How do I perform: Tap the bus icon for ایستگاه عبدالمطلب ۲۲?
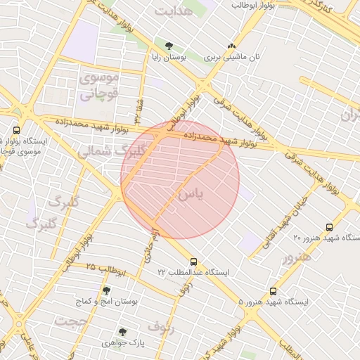pos(193,262)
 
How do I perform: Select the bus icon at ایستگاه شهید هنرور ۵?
pos(273,291)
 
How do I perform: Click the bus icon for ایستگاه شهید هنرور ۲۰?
pos(329,228)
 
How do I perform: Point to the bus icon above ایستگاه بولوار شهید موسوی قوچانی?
pos(17,130)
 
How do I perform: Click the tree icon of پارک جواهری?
pos(122,332)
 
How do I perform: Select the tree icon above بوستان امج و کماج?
pos(106,290)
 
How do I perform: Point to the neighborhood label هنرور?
pos(296,257)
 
